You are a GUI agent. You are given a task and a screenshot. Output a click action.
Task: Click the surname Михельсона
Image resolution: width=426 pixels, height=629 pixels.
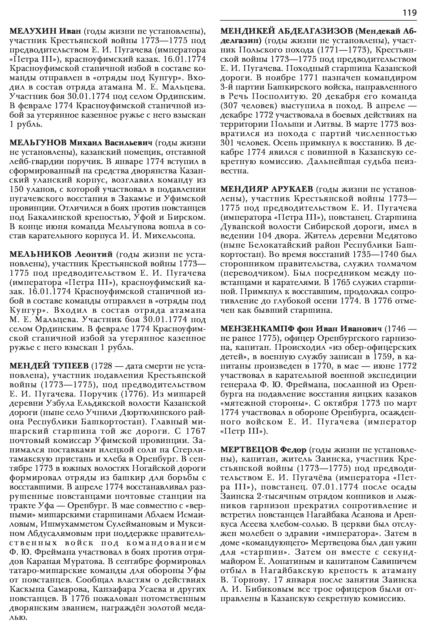click(x=169, y=235)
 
